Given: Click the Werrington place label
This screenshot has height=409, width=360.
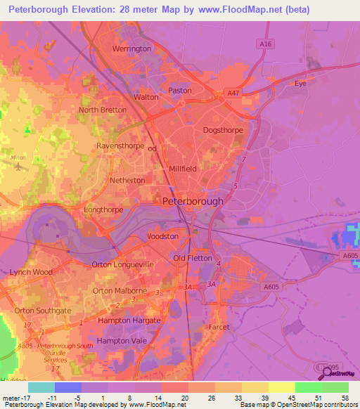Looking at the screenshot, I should [131, 48].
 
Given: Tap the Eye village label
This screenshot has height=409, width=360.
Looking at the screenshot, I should [300, 83].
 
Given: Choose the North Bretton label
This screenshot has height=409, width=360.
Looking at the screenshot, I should [103, 110].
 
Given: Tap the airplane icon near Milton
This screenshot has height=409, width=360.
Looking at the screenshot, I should [18, 166].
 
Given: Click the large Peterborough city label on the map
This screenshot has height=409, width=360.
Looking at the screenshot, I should [193, 201].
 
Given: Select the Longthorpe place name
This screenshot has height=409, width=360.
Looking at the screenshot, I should [103, 209].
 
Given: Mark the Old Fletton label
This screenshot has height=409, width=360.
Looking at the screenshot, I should [189, 258].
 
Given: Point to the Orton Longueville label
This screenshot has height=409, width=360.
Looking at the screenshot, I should [122, 264].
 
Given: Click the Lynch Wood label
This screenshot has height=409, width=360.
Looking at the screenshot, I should [31, 272].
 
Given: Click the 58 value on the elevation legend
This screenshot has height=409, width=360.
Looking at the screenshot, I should [344, 398].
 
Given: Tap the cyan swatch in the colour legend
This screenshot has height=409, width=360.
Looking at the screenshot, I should [41, 387].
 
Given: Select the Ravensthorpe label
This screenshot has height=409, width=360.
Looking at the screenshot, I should [120, 146].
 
